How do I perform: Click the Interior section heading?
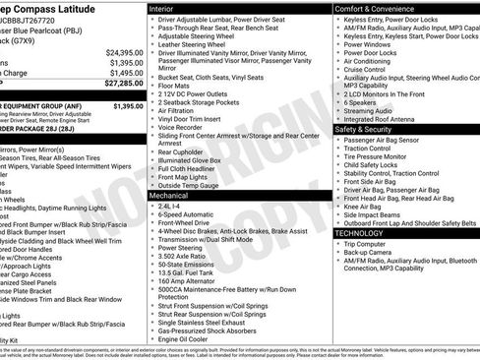(x=168, y=8)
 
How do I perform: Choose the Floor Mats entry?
(x=178, y=88)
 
